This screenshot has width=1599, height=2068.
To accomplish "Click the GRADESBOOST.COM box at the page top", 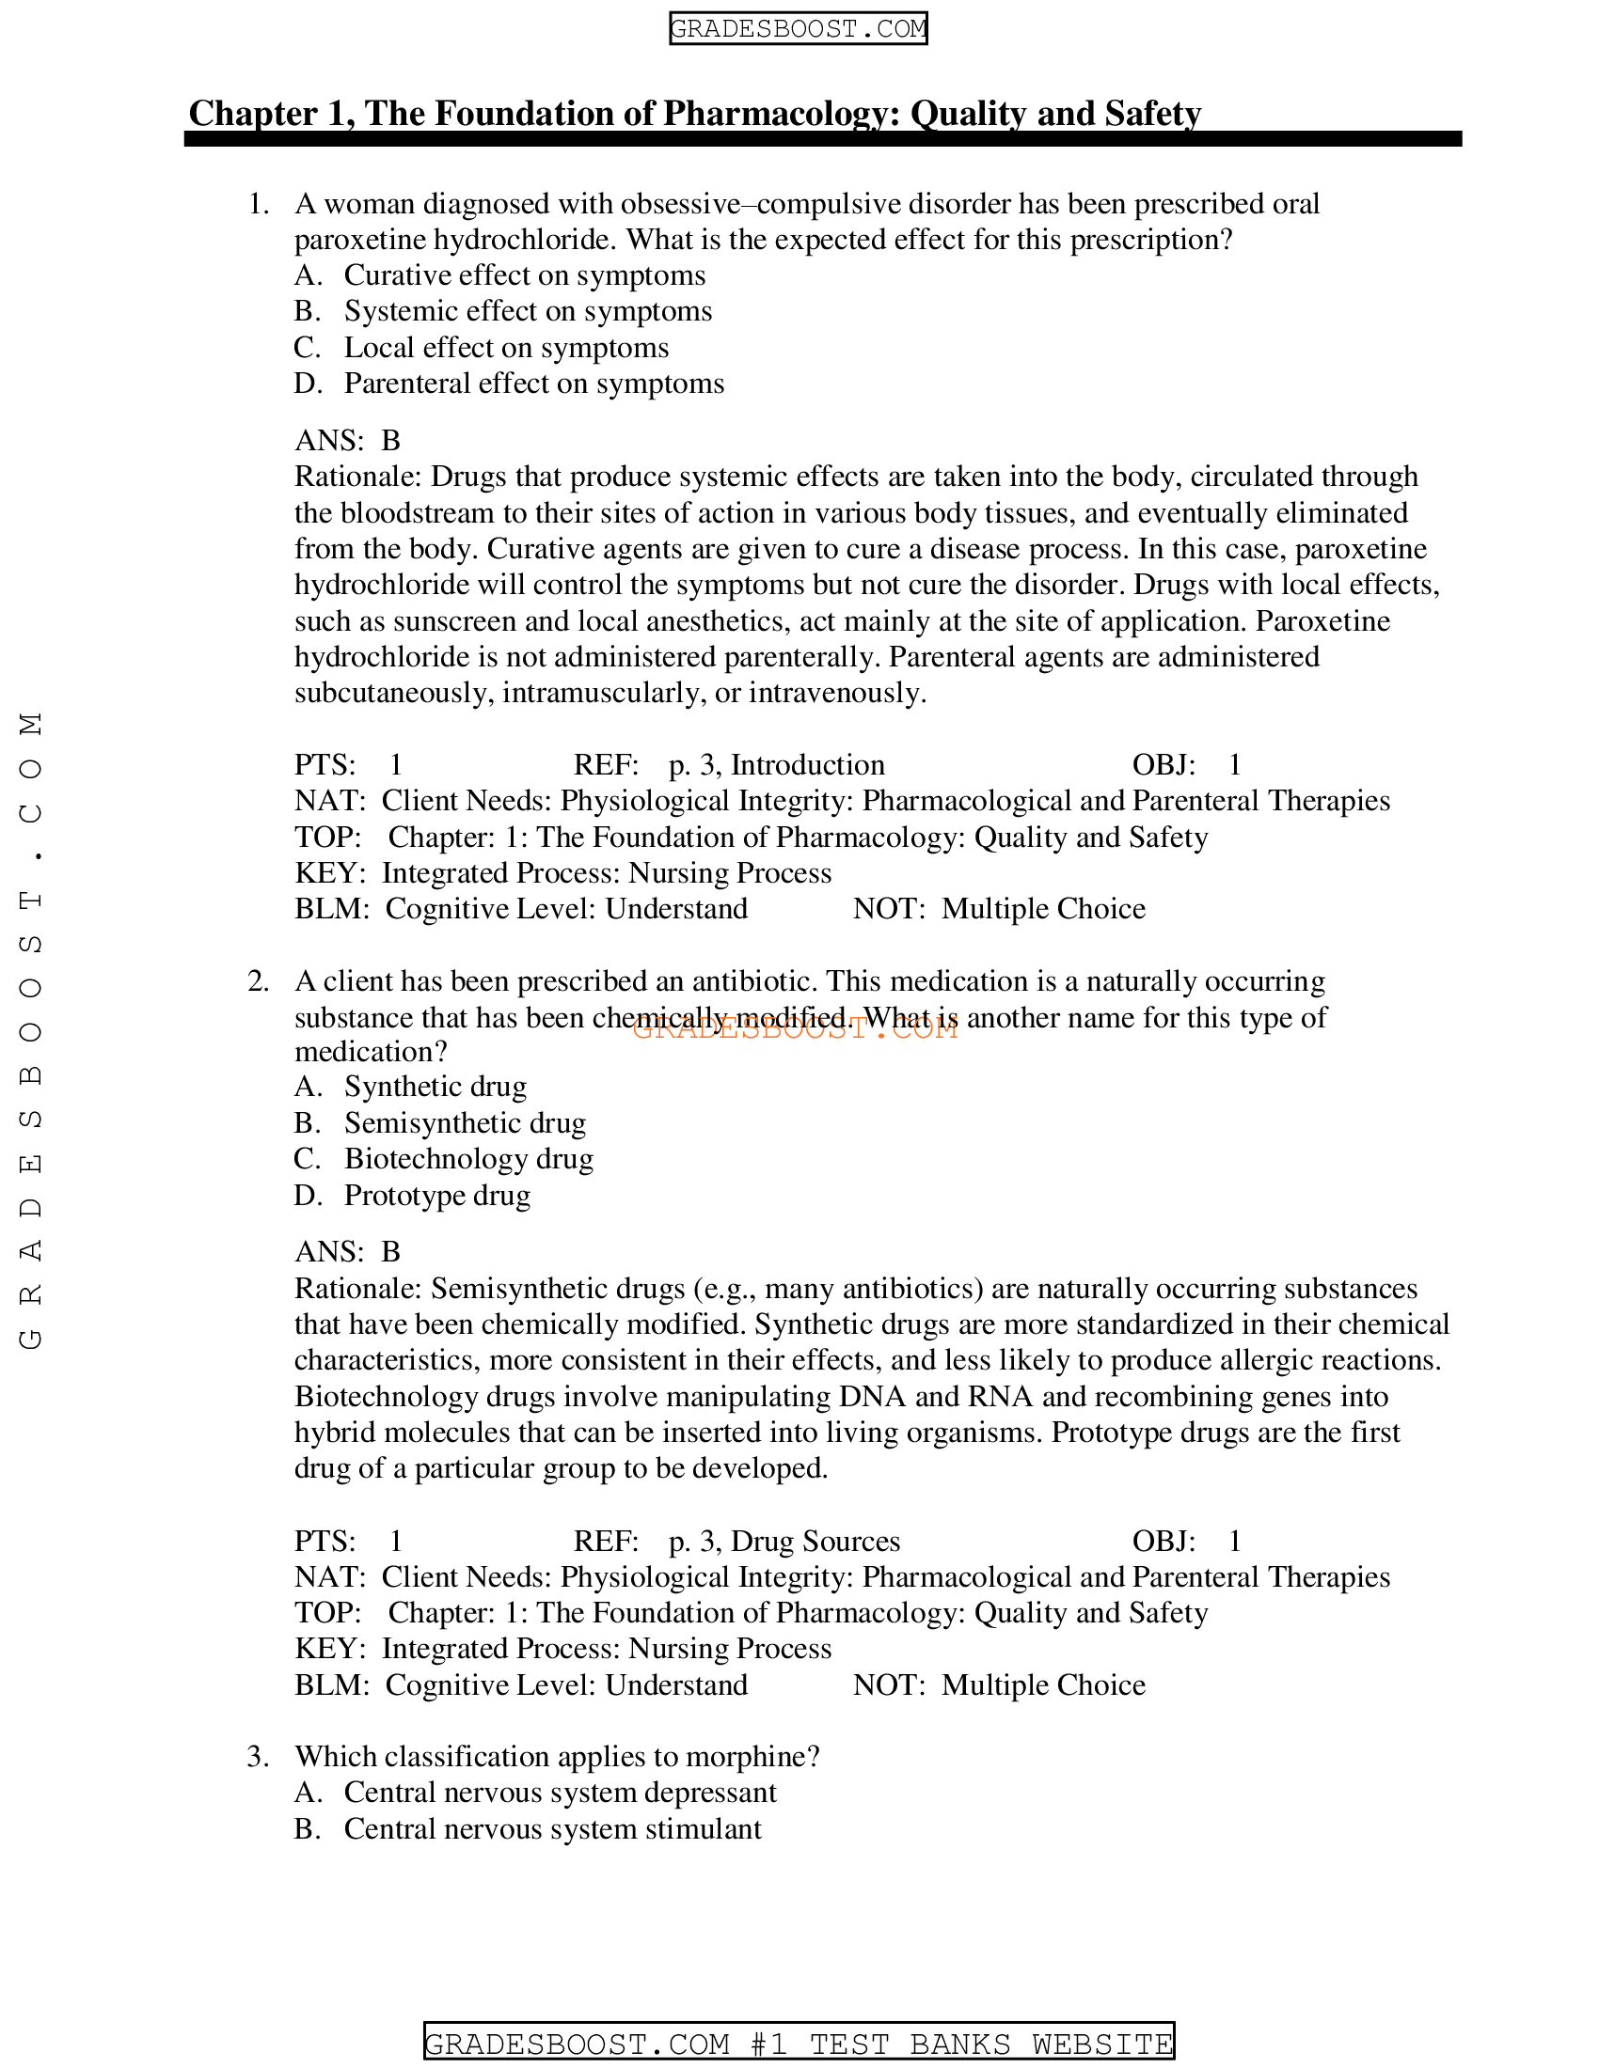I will click(798, 28).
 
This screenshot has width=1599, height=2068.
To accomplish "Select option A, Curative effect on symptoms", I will click(524, 275).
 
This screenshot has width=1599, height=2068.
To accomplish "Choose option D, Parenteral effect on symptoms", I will click(533, 384).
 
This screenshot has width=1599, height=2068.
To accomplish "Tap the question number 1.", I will click(258, 205).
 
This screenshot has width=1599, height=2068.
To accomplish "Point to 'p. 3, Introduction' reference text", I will click(776, 765).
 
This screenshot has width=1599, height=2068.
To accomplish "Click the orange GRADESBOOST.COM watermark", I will click(794, 1028).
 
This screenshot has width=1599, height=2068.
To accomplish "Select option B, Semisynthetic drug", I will click(464, 1123).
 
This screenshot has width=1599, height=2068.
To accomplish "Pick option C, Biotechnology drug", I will click(468, 1159).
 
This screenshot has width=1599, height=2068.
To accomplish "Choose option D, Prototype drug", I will click(436, 1196).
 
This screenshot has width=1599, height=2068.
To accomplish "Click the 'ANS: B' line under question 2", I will click(348, 1252).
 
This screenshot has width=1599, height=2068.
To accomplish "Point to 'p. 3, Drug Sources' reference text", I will click(784, 1542).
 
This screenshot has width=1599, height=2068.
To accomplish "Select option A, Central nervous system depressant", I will click(559, 1793).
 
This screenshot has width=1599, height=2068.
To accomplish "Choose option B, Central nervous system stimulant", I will click(551, 1829).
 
